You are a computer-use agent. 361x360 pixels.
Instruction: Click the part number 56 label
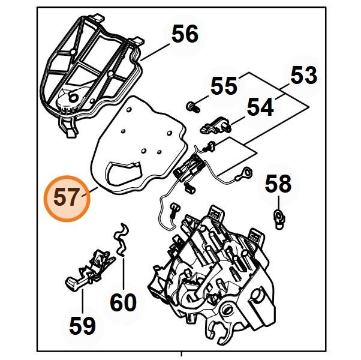184,34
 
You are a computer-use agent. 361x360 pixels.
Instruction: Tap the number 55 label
224,85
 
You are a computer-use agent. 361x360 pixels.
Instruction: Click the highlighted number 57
66,198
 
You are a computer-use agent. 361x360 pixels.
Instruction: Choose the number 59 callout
82,326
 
